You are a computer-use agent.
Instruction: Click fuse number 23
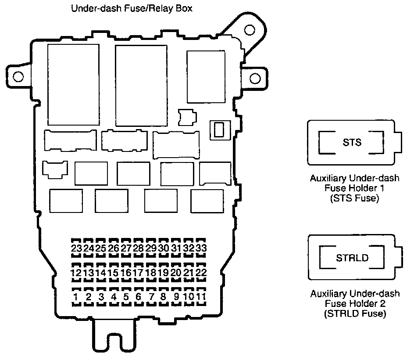click(x=76, y=248)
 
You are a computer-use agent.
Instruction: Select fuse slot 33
click(x=201, y=248)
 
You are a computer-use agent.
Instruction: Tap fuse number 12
click(x=76, y=273)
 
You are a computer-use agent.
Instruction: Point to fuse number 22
click(x=201, y=273)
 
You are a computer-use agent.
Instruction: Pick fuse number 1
click(x=76, y=297)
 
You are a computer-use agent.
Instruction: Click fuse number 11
click(x=201, y=297)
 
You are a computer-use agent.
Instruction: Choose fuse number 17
click(x=139, y=273)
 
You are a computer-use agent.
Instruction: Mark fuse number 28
click(x=139, y=248)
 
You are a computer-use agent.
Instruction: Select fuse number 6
click(x=139, y=297)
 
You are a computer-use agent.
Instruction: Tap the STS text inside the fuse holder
click(x=352, y=142)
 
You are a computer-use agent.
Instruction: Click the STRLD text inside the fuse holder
click(x=352, y=258)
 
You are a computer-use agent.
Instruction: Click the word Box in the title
click(x=185, y=8)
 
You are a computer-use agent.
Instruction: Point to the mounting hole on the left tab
click(x=18, y=77)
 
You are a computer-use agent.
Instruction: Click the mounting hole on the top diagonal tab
click(x=249, y=30)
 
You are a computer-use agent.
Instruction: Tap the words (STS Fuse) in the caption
click(x=351, y=198)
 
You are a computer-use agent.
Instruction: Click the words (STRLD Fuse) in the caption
click(x=355, y=313)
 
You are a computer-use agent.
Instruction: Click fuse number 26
click(x=114, y=248)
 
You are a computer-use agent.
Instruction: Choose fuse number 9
click(x=176, y=297)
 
